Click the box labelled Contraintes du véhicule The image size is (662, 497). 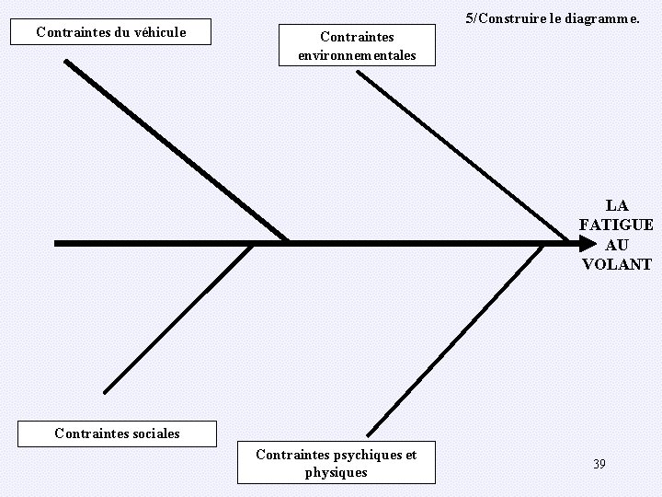110,32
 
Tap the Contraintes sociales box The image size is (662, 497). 117,433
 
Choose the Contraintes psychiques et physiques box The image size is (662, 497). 336,463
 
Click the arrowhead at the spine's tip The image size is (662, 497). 588,244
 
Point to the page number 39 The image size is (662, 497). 599,464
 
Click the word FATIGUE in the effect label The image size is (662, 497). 616,225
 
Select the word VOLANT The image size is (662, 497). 616,265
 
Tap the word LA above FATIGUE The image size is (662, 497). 617,205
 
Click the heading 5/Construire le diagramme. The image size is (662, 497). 553,17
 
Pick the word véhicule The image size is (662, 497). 160,32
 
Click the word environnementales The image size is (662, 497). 357,56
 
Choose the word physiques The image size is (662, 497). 336,473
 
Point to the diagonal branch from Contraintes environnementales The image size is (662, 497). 462,155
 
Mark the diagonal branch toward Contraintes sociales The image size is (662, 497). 178,318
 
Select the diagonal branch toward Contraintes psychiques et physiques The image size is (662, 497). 456,341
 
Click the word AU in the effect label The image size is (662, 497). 617,245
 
